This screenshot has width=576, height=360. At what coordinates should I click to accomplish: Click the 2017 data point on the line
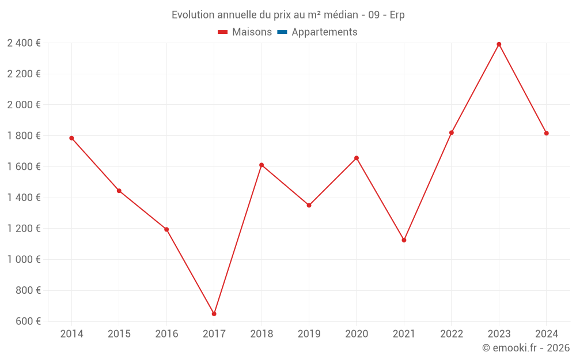coord(214,314)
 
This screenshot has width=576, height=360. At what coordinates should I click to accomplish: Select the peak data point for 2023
coord(499,44)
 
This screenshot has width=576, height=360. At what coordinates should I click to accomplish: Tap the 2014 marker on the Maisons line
coord(71,138)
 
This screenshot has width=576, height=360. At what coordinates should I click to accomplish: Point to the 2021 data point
coord(404,240)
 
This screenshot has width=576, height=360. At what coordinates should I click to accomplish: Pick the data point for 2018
coord(262,165)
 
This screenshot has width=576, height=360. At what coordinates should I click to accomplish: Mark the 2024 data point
coord(546,134)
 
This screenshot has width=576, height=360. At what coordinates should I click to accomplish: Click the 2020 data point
coord(357,158)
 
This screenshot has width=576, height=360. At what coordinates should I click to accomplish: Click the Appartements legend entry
coord(324,32)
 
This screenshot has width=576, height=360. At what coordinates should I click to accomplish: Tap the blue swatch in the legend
coord(282,32)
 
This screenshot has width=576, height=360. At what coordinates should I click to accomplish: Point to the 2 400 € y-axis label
coord(24,43)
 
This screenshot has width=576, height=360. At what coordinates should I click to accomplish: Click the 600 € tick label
coord(28,321)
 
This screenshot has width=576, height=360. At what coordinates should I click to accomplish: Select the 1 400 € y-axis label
coord(24,198)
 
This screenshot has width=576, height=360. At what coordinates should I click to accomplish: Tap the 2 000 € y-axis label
coord(24,105)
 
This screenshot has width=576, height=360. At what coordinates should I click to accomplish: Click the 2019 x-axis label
coord(309,334)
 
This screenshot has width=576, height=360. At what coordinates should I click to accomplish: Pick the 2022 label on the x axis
coord(451,334)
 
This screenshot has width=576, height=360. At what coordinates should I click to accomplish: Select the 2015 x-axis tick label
coord(119,334)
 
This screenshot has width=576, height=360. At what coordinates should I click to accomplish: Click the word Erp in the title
coord(397,15)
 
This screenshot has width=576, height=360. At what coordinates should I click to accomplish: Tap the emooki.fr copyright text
coord(526,348)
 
